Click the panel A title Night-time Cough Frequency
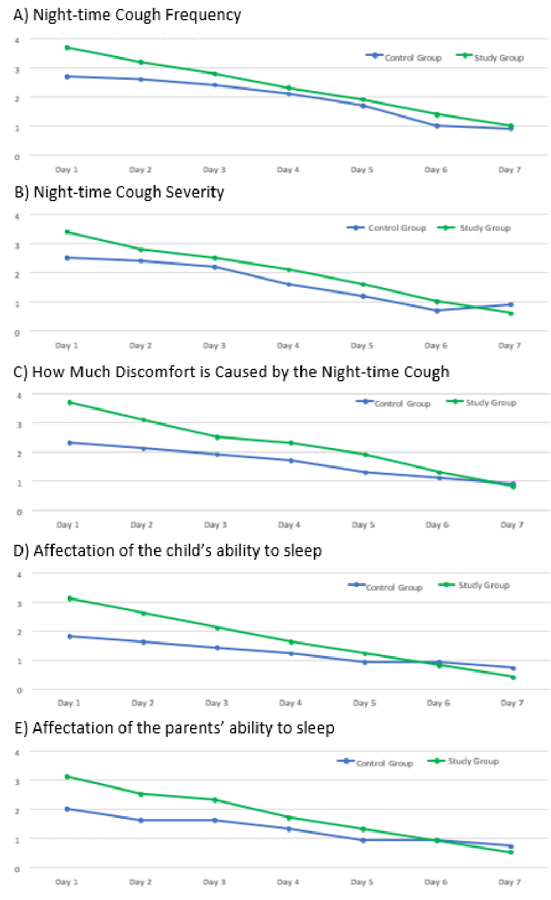tap(137, 15)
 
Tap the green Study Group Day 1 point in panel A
tap(67, 48)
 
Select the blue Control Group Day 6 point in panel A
tap(437, 126)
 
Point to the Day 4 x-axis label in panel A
tap(288, 170)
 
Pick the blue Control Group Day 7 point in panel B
tap(511, 305)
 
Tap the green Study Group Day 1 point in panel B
tap(67, 232)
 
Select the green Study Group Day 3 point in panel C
tap(217, 437)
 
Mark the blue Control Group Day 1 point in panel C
tap(70, 443)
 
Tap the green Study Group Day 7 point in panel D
tap(513, 677)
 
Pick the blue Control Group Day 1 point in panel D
tap(70, 636)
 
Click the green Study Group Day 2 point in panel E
tap(141, 794)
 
